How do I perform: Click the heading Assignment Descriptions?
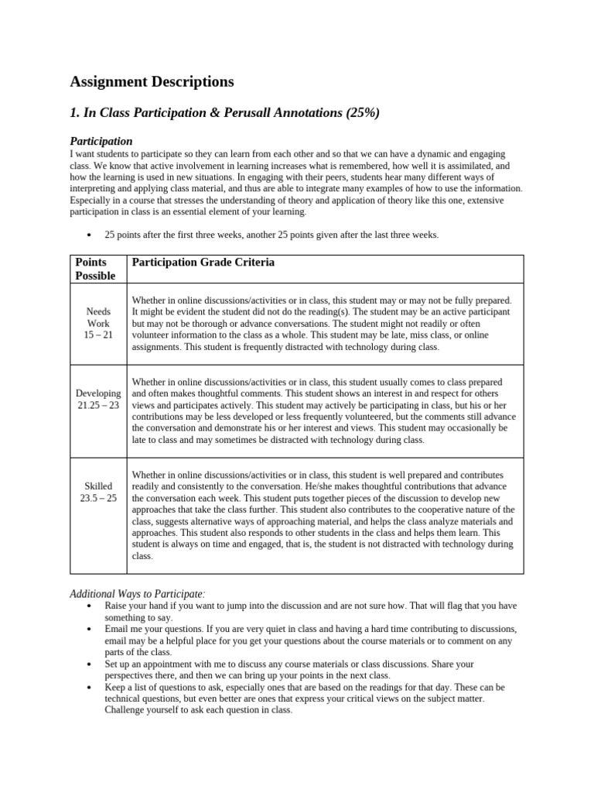152,81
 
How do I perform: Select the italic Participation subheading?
101,141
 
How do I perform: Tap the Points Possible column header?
95,269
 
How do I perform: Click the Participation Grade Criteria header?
203,263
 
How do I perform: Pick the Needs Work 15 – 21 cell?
98,323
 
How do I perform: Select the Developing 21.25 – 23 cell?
98,400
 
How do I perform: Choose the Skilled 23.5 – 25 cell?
98,492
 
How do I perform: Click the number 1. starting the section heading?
75,113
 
